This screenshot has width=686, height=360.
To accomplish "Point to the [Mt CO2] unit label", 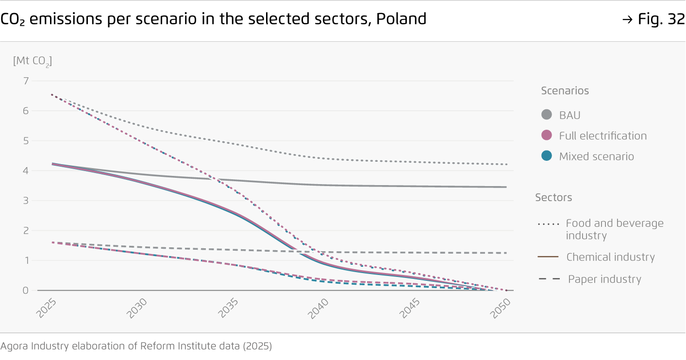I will point(32,61).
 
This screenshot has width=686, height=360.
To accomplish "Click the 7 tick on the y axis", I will point(26,81).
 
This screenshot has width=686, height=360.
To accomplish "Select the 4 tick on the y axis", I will point(26,171).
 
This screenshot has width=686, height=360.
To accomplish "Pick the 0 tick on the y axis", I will point(26,290).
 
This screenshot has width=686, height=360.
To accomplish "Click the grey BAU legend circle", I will point(547,115).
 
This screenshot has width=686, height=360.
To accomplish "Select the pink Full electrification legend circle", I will point(547,136).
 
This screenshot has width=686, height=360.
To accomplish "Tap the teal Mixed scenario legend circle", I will point(547,156).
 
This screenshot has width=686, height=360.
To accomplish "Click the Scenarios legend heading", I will point(565,91).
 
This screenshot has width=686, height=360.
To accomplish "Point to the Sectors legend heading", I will point(553,198).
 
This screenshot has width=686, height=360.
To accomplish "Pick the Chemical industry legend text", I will point(610,257).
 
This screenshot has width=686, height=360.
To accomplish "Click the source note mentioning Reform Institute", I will point(136,346).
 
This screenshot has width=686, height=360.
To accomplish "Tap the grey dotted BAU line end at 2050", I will point(506,164).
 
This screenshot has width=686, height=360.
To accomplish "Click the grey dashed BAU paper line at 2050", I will point(505,253).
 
